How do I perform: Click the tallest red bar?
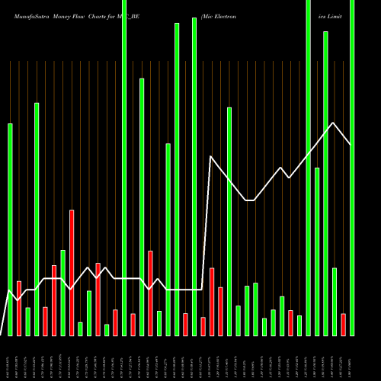tap(72, 272)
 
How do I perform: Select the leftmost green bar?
tap(10, 229)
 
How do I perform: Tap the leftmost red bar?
tap(19, 308)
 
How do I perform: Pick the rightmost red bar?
tap(343, 324)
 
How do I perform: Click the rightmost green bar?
tap(352, 168)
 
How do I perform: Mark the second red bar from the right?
tap(290, 322)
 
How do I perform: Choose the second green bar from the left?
tap(27, 321)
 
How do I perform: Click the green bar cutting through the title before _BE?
tap(124, 168)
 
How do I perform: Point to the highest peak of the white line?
tap(333, 123)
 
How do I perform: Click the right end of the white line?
tap(351, 144)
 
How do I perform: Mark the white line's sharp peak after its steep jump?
tap(211, 157)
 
